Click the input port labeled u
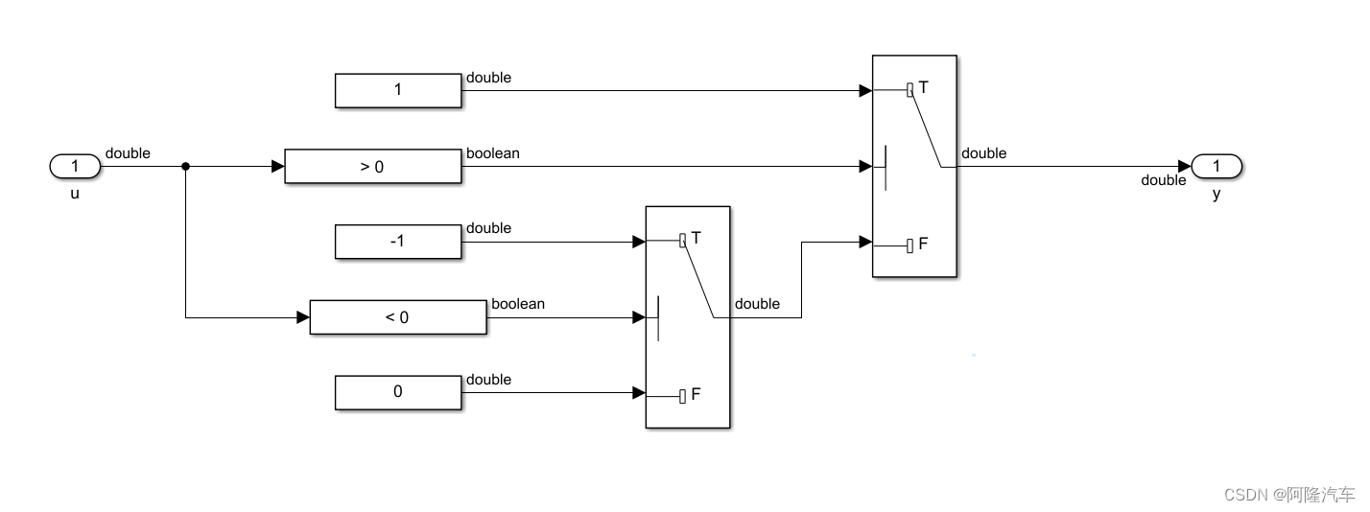75,167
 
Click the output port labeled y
1216,167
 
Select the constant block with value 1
398,90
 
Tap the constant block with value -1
398,242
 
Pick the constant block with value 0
398,392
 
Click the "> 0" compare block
372,166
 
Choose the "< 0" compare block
397,317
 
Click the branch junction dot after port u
185,167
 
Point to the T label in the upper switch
923,87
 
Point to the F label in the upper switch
923,244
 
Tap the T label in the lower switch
697,237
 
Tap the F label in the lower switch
697,394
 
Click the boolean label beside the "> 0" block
492,152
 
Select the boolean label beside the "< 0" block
518,304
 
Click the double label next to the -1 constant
488,228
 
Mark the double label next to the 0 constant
488,380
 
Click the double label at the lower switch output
757,304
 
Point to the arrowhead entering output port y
1185,167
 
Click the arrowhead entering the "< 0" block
303,317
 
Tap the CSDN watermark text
1289,494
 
